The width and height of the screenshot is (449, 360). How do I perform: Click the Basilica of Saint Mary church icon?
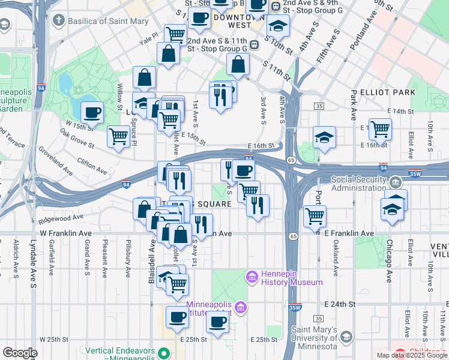point(58,21)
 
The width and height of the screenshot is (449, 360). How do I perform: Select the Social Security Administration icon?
point(395,181)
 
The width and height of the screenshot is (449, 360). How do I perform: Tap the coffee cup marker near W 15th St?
point(92,112)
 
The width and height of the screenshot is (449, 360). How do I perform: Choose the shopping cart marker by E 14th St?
point(380,128)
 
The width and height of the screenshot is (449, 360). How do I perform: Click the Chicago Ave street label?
point(389,261)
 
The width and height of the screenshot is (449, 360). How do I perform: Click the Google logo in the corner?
point(20,353)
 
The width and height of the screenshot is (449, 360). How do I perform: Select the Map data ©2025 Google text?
point(412,355)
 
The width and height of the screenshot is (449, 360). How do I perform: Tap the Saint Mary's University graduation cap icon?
point(346,338)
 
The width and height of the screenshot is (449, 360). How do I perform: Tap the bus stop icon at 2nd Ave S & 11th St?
point(255,44)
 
